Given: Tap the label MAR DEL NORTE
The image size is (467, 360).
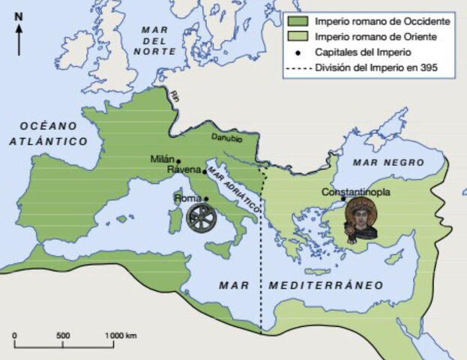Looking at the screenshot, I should click(154, 40).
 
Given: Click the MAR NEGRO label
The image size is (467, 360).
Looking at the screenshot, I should click(377, 161).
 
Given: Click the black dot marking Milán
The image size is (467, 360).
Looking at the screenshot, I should click(178, 161).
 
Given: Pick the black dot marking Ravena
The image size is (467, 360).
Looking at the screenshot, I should click(205, 171).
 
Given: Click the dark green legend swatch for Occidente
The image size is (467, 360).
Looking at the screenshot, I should click(296, 20).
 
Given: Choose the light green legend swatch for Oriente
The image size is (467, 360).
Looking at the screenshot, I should click(296, 37).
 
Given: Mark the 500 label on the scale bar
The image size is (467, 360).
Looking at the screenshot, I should click(63, 335).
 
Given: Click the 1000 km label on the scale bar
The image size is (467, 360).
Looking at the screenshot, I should click(120, 335).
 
